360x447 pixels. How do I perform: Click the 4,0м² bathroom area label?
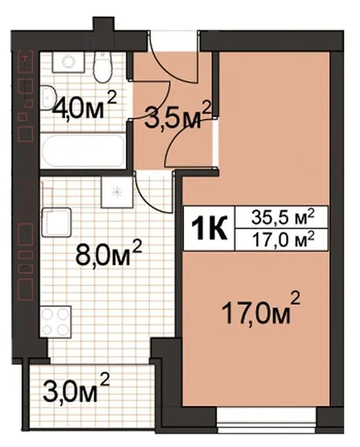tap(85, 107)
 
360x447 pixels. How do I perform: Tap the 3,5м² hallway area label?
tap(178, 115)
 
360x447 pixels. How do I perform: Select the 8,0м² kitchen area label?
tap(108, 252)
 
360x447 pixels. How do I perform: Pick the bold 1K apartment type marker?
tap(209, 228)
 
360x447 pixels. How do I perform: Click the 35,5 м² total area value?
tap(283, 218)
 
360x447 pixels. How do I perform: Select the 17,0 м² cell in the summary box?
tap(283, 239)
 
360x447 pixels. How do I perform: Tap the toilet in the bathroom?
tap(104, 67)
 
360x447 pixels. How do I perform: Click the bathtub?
tap(82, 150)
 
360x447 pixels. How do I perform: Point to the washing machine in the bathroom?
tap(68, 62)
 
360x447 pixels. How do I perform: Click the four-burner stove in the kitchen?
tap(55, 321)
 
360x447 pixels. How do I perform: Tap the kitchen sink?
tap(56, 222)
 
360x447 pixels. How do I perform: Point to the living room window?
tap(267, 419)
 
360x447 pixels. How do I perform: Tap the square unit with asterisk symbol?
tap(117, 192)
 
